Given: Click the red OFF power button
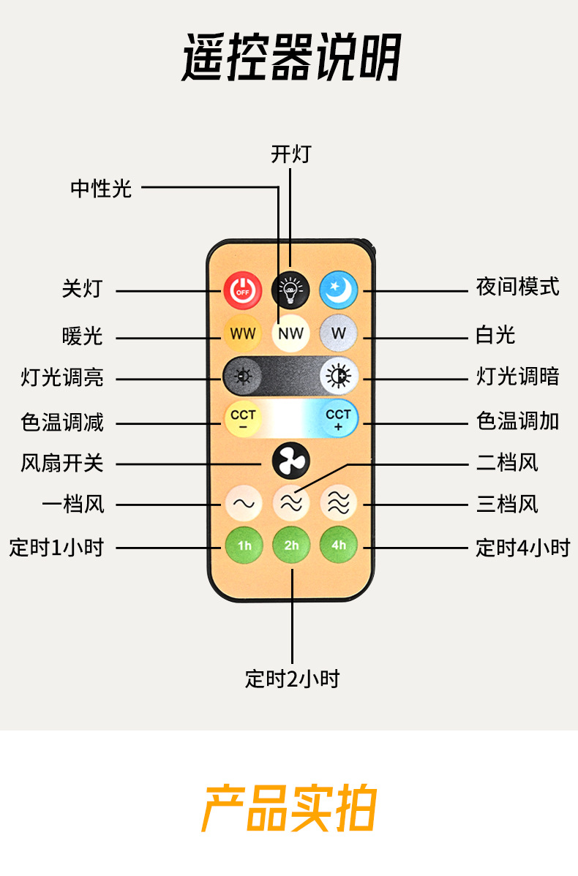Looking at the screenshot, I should point(242,290).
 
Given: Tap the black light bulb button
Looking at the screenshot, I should point(290,290).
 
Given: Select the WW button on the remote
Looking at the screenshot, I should point(242,333).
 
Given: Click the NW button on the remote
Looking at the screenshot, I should point(290,333).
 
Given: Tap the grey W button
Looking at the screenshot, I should point(338,333).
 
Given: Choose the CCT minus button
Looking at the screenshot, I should point(242,419).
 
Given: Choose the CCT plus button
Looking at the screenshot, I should point(339,419).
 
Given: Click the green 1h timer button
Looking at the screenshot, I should point(243,545).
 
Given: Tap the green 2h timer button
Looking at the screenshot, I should point(291,545).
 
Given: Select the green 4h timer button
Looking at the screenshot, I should point(339,545).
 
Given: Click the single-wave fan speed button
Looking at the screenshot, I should point(243,503).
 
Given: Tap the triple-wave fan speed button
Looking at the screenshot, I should point(339,503).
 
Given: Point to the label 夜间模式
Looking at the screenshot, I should point(517,287).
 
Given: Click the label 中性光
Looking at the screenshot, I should point(101,189).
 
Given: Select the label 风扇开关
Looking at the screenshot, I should point(62,463).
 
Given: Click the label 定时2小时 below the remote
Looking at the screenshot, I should point(292,679).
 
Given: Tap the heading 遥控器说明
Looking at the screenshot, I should point(290,58).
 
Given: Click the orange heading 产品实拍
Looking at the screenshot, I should point(289,809).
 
